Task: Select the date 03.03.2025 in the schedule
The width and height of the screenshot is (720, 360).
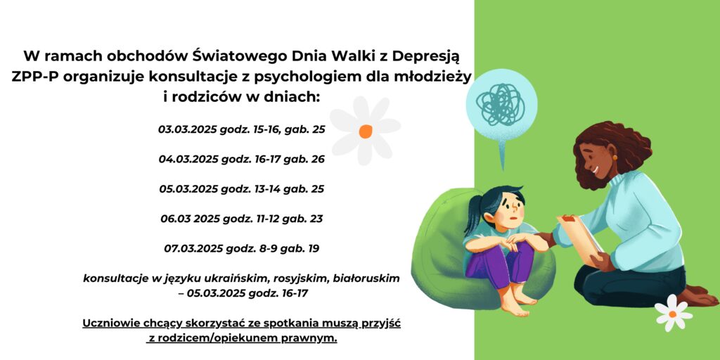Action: (x=187, y=129)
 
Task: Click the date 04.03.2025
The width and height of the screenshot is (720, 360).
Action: (x=188, y=160)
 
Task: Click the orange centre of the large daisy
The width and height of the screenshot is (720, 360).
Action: (x=366, y=131)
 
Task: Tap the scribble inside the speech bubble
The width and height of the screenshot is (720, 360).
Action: (x=500, y=103)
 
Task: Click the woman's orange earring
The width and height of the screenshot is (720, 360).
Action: (x=615, y=157)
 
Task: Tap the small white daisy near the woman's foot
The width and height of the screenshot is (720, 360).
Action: (x=673, y=313)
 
